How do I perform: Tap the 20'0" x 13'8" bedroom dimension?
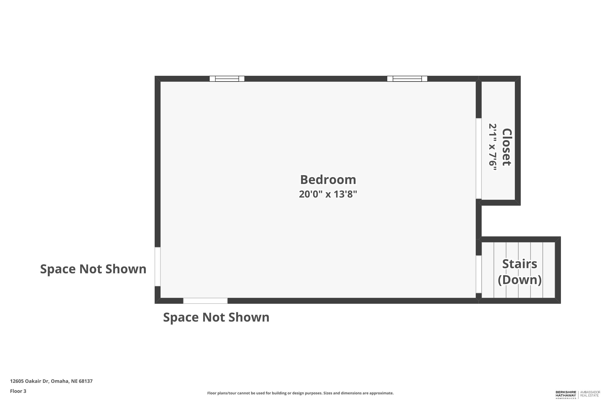pyautogui.click(x=328, y=194)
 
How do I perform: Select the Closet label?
pyautogui.click(x=507, y=147)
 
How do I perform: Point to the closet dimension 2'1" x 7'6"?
pyautogui.click(x=493, y=147)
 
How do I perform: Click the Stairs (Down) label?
pyautogui.click(x=519, y=272)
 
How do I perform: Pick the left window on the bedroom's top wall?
pyautogui.click(x=227, y=79)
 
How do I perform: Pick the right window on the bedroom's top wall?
pyautogui.click(x=407, y=79)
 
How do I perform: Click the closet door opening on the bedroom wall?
pyautogui.click(x=478, y=158)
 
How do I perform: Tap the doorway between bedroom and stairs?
pyautogui.click(x=478, y=274)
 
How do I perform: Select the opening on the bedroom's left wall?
pyautogui.click(x=158, y=266)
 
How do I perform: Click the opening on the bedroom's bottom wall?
pyautogui.click(x=205, y=301)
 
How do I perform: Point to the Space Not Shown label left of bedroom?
pyautogui.click(x=93, y=269)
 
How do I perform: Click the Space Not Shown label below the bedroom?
pyautogui.click(x=216, y=317)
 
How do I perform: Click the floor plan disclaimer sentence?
pyautogui.click(x=300, y=393)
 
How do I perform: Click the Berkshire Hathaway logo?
pyautogui.click(x=566, y=395)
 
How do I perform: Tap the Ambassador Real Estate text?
pyautogui.click(x=590, y=394)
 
